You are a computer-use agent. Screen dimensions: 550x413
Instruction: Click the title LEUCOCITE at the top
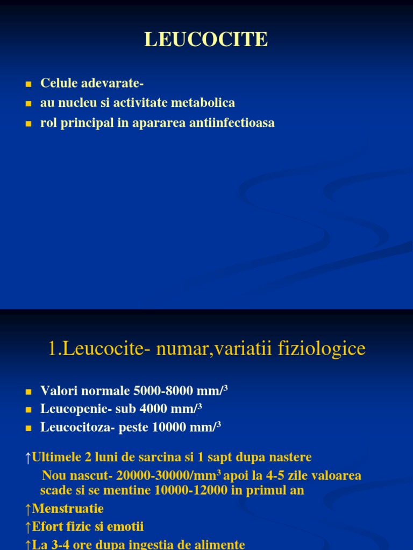tap(206, 39)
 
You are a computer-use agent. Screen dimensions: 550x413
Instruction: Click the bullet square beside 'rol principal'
tap(29, 124)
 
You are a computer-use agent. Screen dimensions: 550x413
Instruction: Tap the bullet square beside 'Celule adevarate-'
tap(29, 84)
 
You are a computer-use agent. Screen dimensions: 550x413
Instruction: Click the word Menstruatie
tap(68, 509)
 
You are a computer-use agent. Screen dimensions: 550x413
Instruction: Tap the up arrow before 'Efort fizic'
tap(29, 527)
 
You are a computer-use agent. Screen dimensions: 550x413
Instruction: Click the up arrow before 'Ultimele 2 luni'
tap(29, 458)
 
